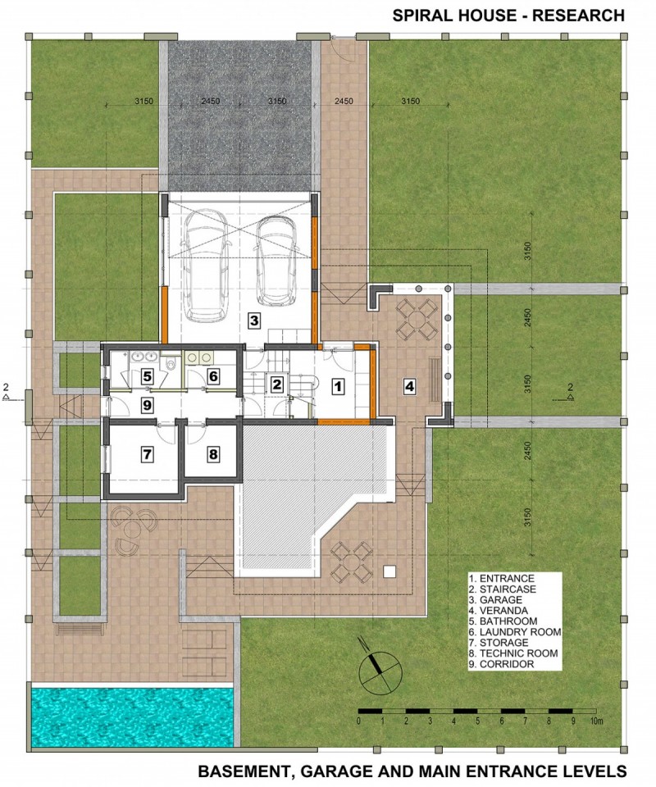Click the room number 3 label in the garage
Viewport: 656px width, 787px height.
254,321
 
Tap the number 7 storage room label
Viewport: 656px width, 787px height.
147,455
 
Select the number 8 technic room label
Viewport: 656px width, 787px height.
213,455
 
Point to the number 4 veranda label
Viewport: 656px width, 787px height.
410,386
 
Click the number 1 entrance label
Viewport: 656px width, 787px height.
339,386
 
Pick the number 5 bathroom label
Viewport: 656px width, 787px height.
147,375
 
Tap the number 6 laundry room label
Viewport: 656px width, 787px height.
213,375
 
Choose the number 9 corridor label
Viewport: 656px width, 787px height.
147,404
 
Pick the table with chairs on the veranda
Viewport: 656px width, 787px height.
416,319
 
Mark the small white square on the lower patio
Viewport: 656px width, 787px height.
389,571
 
